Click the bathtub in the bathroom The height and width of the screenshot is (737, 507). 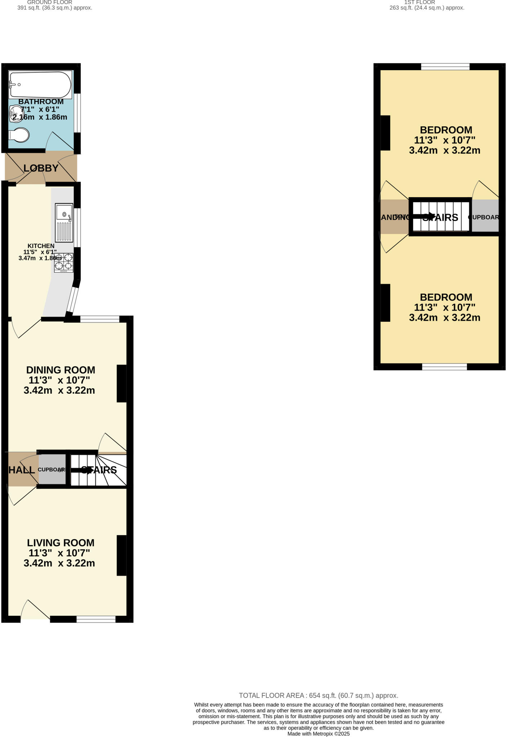tap(40, 85)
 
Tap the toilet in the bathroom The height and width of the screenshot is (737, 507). tap(19, 135)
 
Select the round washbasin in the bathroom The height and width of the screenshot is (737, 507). tap(16, 113)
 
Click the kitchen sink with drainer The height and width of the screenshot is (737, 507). tap(64, 222)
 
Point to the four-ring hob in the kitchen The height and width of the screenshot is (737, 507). tap(64, 262)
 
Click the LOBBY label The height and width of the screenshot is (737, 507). tap(41, 168)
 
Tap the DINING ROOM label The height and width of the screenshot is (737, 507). tap(61, 370)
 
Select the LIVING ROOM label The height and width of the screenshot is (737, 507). tap(61, 543)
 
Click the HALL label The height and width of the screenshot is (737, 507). tap(21, 470)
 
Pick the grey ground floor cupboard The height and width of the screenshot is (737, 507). tap(52, 469)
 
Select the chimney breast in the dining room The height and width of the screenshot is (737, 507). tap(121, 383)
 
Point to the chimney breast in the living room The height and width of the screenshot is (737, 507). tap(121, 555)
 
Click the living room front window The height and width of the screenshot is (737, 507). tap(96, 619)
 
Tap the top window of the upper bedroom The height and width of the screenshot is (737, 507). tap(445, 67)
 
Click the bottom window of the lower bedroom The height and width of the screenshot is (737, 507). tap(444, 367)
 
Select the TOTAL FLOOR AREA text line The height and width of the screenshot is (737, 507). tap(319, 696)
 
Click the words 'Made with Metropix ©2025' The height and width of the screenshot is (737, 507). tap(319, 734)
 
